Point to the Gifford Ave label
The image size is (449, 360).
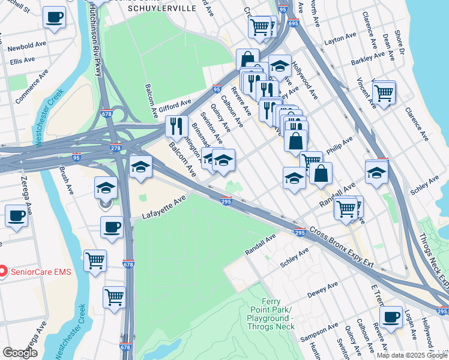click(175, 104)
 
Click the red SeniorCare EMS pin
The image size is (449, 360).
click(2, 272)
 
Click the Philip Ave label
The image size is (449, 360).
click(339, 146)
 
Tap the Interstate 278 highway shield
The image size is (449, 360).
click(115, 148)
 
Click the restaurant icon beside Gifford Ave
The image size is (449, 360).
click(175, 127)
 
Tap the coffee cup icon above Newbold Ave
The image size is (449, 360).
click(55, 18)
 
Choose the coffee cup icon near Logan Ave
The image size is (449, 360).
click(391, 317)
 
